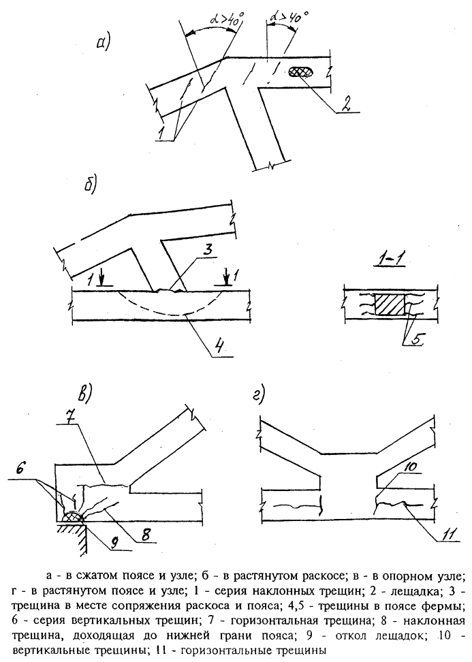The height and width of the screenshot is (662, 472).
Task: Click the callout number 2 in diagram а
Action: (x=345, y=104)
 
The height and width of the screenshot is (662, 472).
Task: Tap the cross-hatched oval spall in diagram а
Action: (x=302, y=72)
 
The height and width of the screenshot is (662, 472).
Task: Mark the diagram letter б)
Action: (x=91, y=185)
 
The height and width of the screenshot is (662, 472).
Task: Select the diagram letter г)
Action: (x=258, y=395)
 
